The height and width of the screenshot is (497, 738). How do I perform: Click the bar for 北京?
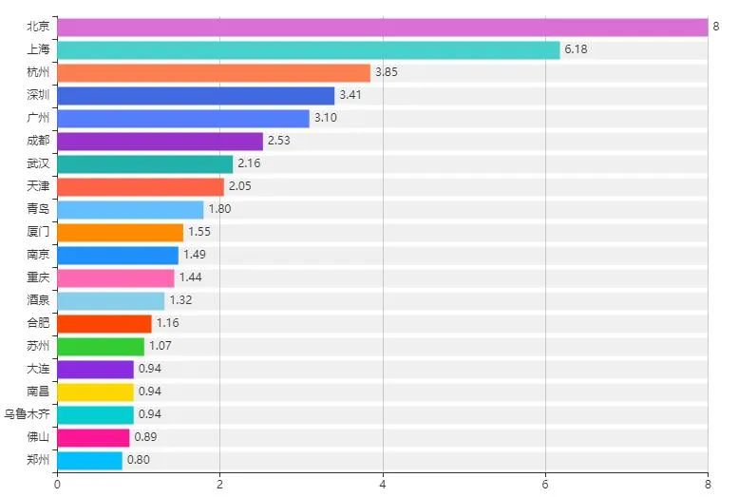click(382, 28)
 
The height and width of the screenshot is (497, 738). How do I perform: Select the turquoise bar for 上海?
click(308, 50)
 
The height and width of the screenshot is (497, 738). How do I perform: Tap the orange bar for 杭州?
click(213, 73)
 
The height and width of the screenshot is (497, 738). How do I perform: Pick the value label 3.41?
click(350, 96)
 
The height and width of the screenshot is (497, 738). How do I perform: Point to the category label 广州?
click(39, 119)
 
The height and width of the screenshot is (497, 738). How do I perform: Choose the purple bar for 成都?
click(160, 142)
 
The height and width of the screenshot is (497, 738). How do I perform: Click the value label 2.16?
click(249, 164)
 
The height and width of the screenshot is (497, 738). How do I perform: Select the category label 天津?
click(39, 187)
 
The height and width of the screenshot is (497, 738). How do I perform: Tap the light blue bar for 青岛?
click(130, 210)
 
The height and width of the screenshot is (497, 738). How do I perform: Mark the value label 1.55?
click(199, 233)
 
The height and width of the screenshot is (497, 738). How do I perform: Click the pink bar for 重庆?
click(115, 278)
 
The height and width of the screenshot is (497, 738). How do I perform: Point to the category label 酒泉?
click(39, 301)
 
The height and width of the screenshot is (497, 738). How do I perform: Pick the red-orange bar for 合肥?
click(104, 324)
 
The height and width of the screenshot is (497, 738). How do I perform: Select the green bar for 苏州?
click(100, 347)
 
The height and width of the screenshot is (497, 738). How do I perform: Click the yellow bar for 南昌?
click(95, 392)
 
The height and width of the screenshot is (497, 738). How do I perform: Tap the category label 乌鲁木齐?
click(28, 415)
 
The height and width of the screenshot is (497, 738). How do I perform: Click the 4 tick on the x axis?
click(383, 485)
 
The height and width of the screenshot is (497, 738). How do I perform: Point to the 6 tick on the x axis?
click(545, 485)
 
